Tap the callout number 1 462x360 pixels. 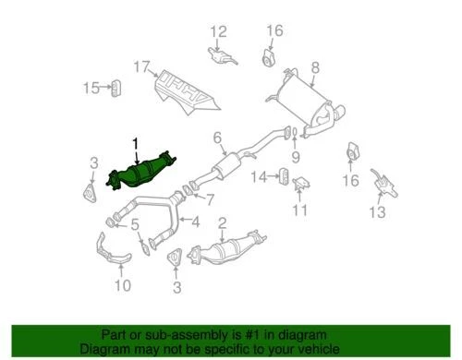click(136, 143)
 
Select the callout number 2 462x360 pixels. click(222, 222)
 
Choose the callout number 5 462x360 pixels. click(136, 224)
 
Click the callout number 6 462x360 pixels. click(218, 139)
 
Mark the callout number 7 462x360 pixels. click(211, 198)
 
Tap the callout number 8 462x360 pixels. click(315, 66)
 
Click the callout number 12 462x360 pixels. click(217, 33)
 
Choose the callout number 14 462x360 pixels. click(261, 175)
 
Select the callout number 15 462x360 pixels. click(91, 88)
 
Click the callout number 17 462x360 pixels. click(140, 66)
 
